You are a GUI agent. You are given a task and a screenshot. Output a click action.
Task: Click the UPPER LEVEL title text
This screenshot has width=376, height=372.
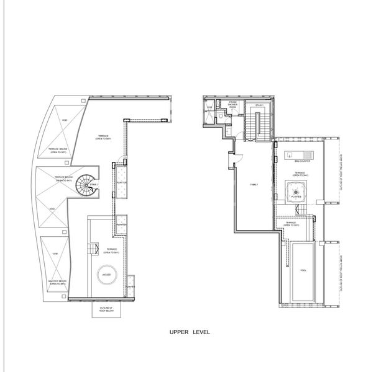[x=190, y=332]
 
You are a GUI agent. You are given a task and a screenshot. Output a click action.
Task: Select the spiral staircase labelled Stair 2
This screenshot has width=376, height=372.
[x=86, y=184]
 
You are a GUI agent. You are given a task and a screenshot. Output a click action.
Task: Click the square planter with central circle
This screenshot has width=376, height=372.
[x=296, y=193]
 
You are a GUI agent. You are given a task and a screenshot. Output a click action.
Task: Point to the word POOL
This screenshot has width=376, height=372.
[x=303, y=271]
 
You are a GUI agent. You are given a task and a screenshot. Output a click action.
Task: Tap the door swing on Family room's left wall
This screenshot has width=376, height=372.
[x=234, y=159]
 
